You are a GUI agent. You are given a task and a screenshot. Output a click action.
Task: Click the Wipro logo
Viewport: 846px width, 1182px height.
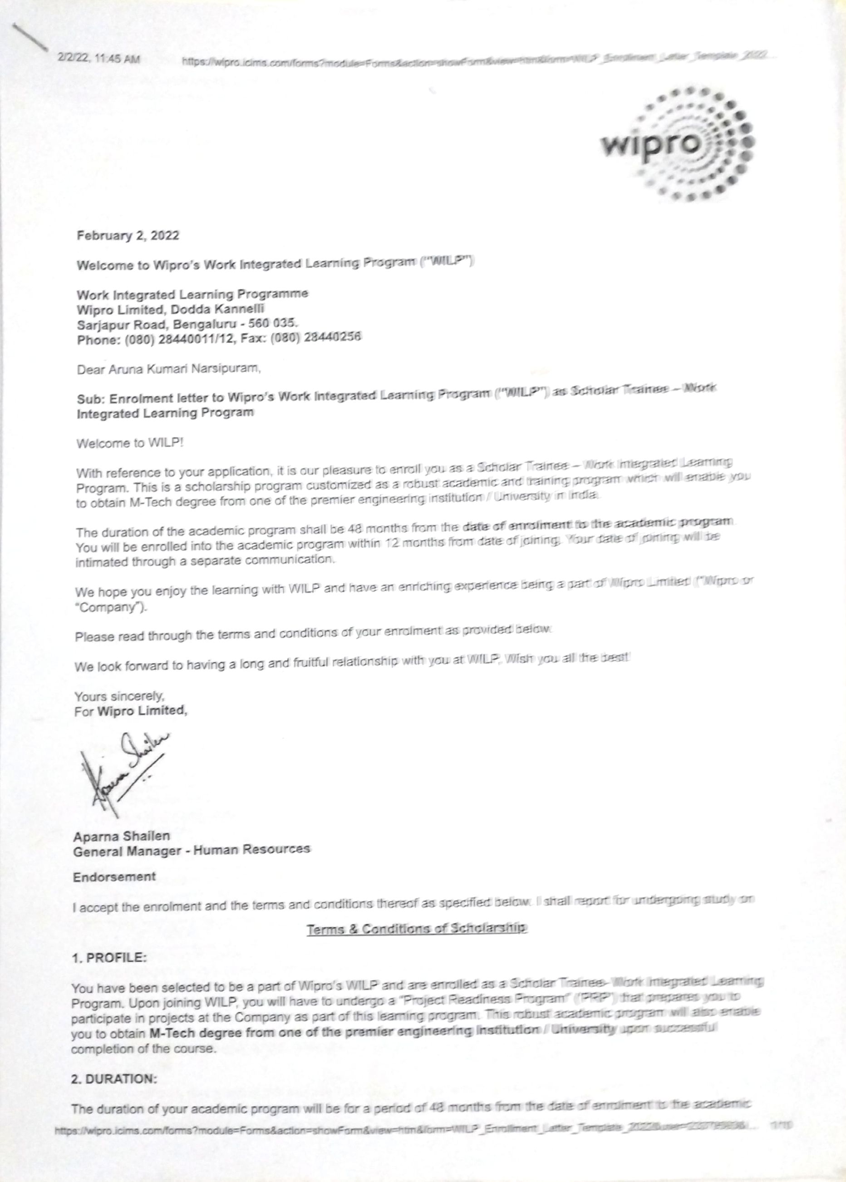click(677, 143)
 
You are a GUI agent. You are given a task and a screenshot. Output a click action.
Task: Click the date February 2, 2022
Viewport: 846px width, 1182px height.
click(128, 236)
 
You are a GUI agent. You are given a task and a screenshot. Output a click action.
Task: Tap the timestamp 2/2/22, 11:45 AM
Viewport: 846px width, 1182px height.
click(98, 60)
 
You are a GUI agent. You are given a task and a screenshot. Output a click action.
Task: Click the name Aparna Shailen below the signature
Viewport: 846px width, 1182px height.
click(121, 836)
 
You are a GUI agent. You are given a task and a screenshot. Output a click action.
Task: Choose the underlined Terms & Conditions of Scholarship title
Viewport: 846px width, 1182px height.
click(417, 929)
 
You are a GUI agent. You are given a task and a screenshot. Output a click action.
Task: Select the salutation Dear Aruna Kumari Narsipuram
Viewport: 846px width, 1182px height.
click(168, 369)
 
